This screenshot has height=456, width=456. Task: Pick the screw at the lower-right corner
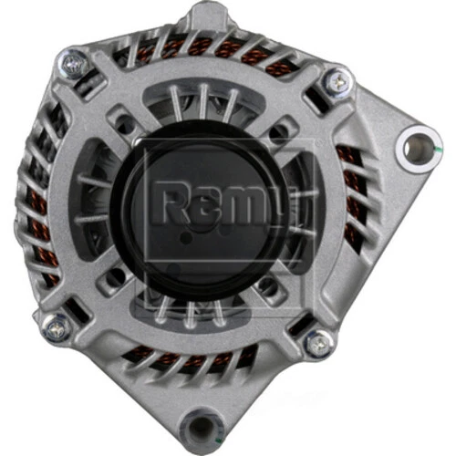317,344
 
